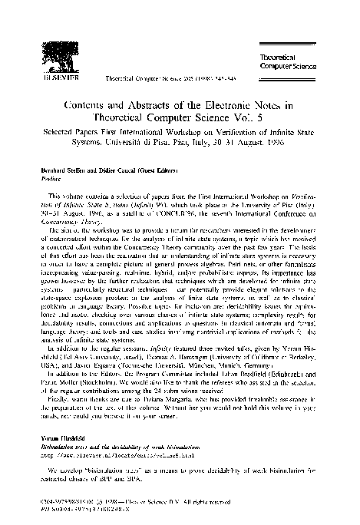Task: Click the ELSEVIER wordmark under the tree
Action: (x=46, y=78)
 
